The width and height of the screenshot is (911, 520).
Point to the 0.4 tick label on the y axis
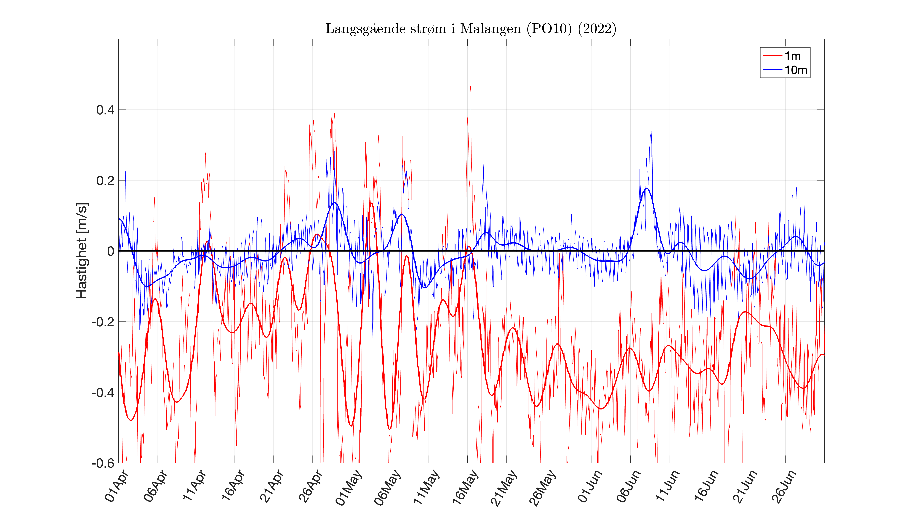point(105,110)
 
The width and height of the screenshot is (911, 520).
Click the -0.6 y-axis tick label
point(103,463)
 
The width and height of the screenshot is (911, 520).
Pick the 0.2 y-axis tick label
point(105,181)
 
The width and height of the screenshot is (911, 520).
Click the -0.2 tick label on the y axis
point(103,322)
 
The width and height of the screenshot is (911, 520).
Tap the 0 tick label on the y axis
point(111,251)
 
